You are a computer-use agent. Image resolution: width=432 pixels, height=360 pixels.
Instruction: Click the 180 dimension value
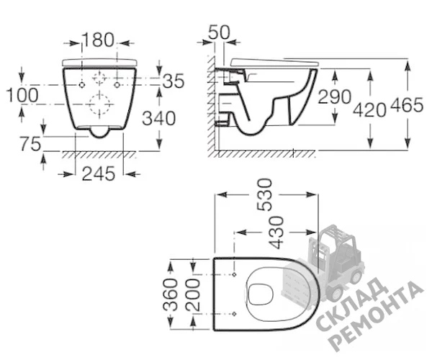[x=98, y=40]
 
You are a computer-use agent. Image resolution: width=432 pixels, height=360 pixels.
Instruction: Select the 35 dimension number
[x=174, y=81]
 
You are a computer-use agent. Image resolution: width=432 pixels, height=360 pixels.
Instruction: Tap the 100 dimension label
[x=22, y=95]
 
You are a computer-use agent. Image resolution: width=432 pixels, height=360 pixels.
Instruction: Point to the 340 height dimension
[x=158, y=118]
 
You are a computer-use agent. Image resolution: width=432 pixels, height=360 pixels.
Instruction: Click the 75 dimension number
[x=30, y=144]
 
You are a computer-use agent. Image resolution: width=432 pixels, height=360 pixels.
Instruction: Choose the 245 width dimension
[x=99, y=174]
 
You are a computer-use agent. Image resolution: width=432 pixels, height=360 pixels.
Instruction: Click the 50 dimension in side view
[x=219, y=32]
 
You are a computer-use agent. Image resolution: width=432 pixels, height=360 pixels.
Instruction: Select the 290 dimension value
[x=335, y=96]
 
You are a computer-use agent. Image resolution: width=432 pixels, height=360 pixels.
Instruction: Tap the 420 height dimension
[x=369, y=109]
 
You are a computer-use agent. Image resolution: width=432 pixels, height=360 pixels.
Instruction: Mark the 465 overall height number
[x=407, y=105]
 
